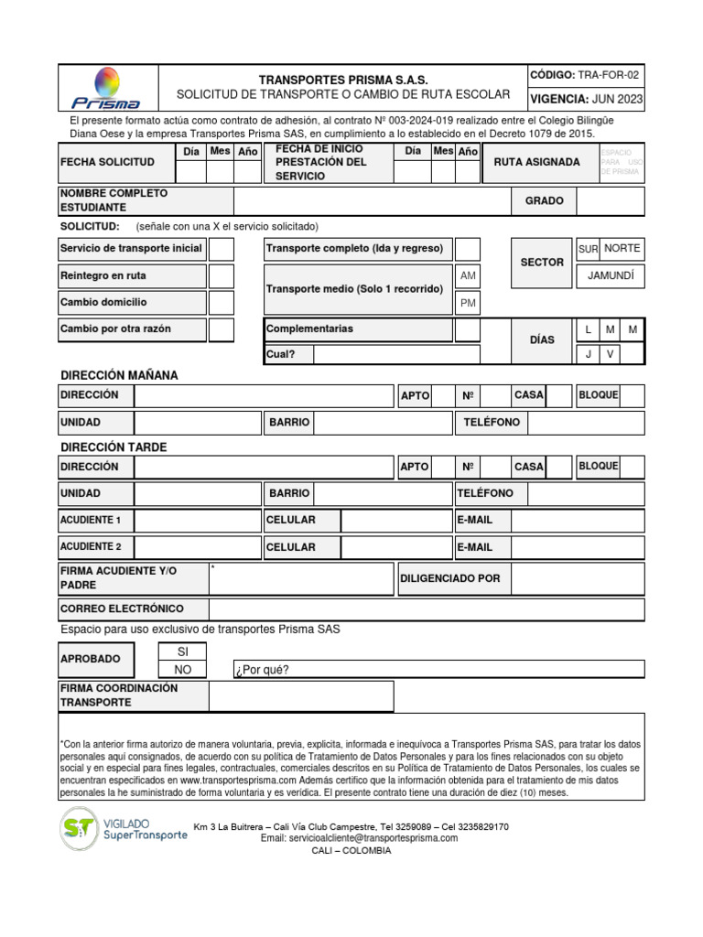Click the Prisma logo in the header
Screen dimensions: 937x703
click(107, 87)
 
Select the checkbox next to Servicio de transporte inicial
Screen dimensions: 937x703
click(222, 249)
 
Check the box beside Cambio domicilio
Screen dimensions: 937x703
click(222, 302)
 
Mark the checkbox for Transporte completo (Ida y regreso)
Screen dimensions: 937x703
click(467, 249)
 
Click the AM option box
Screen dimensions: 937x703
click(467, 276)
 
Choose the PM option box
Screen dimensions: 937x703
click(467, 303)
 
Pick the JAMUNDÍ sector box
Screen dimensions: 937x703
click(610, 275)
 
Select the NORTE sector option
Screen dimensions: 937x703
click(622, 249)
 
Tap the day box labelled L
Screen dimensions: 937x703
click(588, 329)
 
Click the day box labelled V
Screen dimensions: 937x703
click(610, 354)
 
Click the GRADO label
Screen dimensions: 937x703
click(544, 201)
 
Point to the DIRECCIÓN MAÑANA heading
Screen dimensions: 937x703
click(119, 375)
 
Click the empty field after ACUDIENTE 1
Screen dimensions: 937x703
click(198, 521)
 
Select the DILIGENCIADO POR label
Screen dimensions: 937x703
click(450, 578)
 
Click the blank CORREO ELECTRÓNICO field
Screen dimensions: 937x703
click(426, 609)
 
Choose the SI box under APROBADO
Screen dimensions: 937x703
click(182, 651)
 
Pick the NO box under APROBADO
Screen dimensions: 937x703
click(182, 670)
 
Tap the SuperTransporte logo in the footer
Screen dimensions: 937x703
click(124, 829)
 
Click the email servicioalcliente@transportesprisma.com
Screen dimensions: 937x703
click(359, 838)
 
